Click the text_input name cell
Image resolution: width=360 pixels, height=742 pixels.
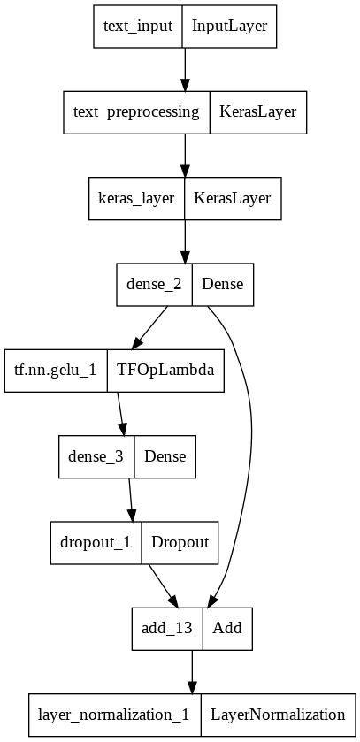click(137, 26)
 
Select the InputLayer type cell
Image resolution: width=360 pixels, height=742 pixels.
click(229, 26)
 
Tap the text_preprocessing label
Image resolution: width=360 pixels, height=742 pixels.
click(136, 112)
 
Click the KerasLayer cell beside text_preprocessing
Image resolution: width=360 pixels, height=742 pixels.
click(258, 112)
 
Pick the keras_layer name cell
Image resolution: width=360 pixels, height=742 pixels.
click(136, 198)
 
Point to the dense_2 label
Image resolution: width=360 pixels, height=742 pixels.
click(155, 285)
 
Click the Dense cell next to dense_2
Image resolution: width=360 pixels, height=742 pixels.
click(223, 285)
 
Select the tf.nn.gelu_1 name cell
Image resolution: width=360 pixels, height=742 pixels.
click(56, 371)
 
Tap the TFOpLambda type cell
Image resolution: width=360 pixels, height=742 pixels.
click(165, 371)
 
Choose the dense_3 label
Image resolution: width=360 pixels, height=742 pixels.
click(96, 456)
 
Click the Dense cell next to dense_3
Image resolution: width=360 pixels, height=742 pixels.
click(165, 456)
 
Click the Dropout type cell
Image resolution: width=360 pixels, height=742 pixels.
click(180, 542)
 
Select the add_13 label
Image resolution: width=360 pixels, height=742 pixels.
click(167, 629)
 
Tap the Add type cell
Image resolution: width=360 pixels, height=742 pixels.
click(228, 629)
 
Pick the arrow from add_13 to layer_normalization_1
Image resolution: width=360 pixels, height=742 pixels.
click(191, 672)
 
